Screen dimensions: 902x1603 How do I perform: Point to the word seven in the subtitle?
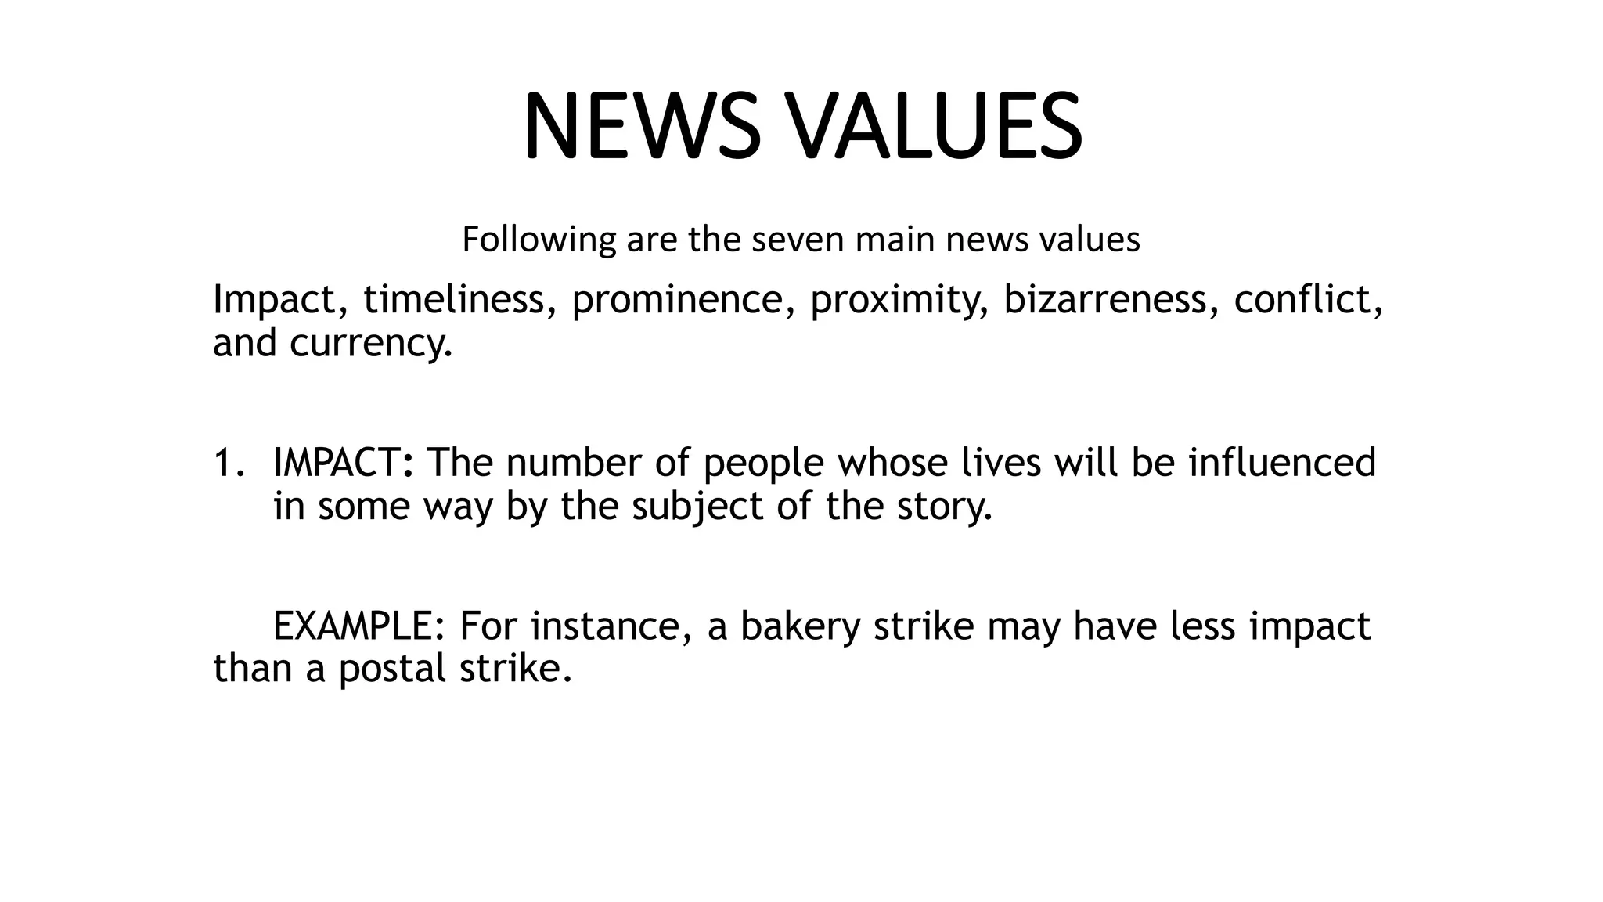click(x=798, y=240)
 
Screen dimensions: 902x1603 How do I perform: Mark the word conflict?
click(x=1308, y=300)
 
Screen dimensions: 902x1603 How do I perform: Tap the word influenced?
click(x=1281, y=463)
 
